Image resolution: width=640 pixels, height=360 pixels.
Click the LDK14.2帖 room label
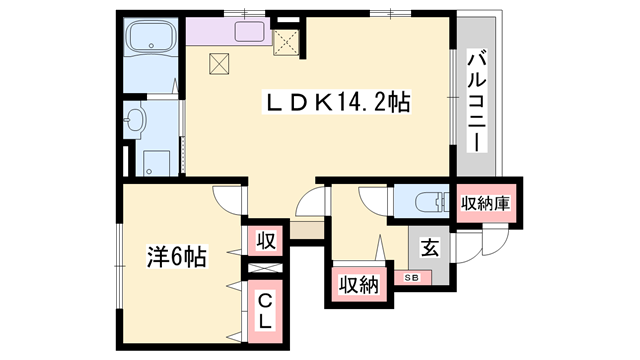[337, 102]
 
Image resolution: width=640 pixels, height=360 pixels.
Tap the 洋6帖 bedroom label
[177, 256]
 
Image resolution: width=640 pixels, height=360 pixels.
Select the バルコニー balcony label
[476, 101]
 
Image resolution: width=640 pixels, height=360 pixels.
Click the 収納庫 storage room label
[485, 203]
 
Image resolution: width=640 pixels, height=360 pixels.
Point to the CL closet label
[265, 312]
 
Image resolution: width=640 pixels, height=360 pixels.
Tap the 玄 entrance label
[430, 248]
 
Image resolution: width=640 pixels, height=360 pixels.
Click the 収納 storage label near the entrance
[359, 284]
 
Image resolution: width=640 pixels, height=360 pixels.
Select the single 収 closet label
[266, 240]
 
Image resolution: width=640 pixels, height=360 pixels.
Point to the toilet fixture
[432, 202]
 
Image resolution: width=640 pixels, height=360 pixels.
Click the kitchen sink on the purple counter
[249, 31]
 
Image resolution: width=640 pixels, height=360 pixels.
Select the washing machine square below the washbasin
[156, 163]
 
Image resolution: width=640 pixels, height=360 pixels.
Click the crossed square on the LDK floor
[219, 64]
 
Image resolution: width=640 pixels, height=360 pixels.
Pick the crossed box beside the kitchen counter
[287, 42]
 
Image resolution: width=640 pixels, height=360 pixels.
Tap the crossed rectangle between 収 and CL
[265, 268]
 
